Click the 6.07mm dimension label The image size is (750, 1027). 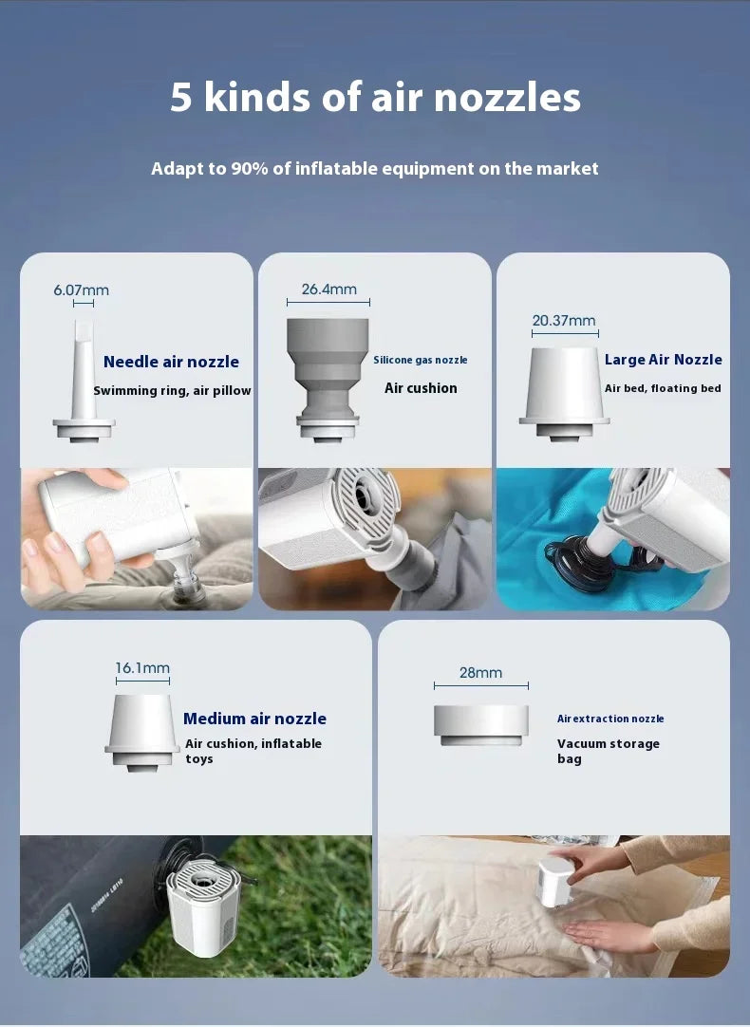(82, 290)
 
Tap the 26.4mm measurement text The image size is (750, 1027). (328, 289)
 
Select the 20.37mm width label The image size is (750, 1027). (564, 320)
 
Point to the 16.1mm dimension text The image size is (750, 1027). (142, 668)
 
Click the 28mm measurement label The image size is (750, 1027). (480, 673)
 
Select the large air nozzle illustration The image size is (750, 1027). (564, 394)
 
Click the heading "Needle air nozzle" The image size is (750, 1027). (171, 362)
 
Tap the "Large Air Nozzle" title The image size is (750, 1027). (663, 360)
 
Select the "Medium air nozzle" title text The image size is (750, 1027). (254, 719)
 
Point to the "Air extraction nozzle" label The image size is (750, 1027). (610, 719)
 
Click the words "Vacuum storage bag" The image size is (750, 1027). (609, 751)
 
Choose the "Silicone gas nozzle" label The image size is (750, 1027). (421, 360)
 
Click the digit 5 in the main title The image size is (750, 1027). (181, 97)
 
